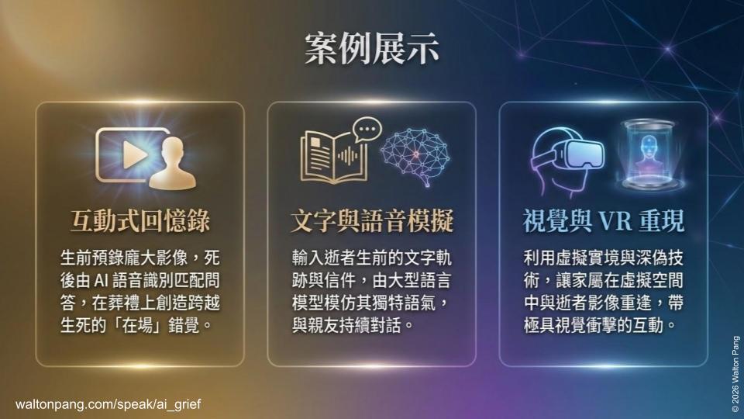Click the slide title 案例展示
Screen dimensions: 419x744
[372, 47]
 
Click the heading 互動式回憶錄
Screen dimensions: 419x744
[139, 221]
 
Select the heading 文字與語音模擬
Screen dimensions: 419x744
[371, 221]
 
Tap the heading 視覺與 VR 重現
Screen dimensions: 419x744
[603, 221]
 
